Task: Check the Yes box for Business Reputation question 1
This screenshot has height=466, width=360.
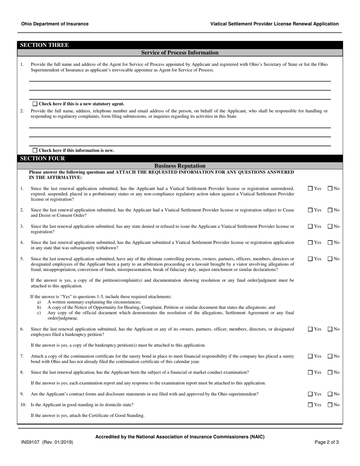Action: (x=310, y=188)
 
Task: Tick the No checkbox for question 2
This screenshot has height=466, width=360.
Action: (x=330, y=210)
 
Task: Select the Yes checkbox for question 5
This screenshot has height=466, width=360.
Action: (x=310, y=259)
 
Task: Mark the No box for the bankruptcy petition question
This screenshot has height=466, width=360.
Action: (x=330, y=329)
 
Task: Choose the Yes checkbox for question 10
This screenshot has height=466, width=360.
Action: (x=310, y=405)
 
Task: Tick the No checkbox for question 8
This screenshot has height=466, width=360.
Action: (x=330, y=372)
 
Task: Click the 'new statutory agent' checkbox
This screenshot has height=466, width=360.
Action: (x=35, y=104)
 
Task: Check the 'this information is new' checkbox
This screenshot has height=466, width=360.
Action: (x=35, y=150)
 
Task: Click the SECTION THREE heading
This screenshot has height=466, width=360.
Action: (x=44, y=45)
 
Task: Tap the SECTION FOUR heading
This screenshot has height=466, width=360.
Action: (x=42, y=158)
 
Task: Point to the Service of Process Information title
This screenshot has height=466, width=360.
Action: (x=180, y=53)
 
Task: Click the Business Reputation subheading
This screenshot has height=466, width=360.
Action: (x=180, y=166)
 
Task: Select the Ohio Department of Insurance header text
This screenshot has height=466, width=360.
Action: (x=55, y=24)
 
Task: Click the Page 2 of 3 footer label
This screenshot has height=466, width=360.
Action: (x=327, y=442)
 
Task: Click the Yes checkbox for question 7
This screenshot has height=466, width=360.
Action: (x=310, y=356)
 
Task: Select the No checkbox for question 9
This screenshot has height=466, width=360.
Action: (x=330, y=394)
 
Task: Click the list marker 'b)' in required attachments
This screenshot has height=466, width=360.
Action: (x=39, y=307)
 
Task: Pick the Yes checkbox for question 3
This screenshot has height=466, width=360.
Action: (x=310, y=226)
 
